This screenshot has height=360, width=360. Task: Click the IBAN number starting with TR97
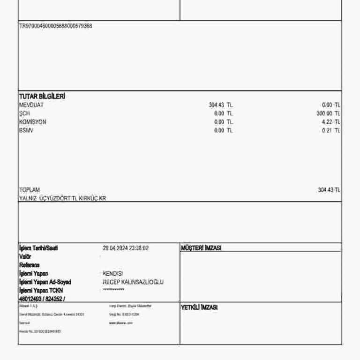(x=55, y=26)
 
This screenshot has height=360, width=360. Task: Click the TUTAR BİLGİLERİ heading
(x=42, y=96)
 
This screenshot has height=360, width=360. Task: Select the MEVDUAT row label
(x=31, y=105)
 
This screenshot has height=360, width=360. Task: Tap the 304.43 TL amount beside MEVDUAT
(x=220, y=105)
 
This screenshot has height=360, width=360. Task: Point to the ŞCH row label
(x=24, y=113)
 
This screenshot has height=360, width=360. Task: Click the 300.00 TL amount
(x=328, y=113)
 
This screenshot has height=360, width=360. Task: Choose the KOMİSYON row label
(x=33, y=122)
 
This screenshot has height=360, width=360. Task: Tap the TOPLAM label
(x=30, y=190)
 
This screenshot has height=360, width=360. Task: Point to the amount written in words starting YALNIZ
(x=62, y=198)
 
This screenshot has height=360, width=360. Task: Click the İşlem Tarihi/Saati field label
(x=39, y=248)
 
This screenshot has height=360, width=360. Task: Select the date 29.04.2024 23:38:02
(x=126, y=248)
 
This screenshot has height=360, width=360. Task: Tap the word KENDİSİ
(x=113, y=273)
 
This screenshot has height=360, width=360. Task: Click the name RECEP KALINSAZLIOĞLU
(x=133, y=282)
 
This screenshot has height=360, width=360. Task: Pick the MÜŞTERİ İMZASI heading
(x=201, y=248)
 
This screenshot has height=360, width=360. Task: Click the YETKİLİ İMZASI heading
(x=199, y=307)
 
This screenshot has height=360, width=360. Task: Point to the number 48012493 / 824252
(x=42, y=299)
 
